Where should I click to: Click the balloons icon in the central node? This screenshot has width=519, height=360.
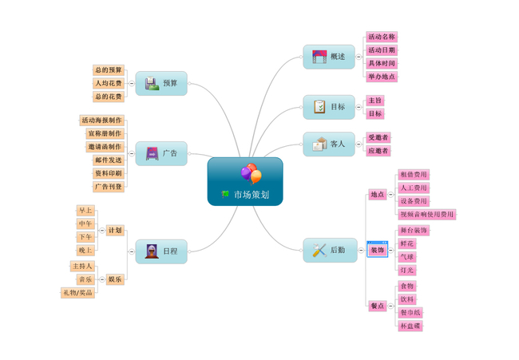[x=250, y=172]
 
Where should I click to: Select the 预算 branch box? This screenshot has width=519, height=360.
[x=161, y=83]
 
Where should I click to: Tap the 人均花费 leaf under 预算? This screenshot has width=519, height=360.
[x=109, y=83]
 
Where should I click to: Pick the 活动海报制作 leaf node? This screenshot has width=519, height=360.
[x=102, y=121]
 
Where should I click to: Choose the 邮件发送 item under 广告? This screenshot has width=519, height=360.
[x=109, y=160]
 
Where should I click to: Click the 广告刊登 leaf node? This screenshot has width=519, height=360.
[x=109, y=186]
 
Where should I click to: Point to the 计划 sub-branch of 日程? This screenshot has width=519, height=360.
[x=115, y=230]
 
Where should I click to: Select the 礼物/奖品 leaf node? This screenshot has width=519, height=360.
[x=78, y=292]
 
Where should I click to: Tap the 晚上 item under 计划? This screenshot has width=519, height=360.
[x=85, y=250]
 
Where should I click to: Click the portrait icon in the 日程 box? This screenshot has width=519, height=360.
[x=152, y=251]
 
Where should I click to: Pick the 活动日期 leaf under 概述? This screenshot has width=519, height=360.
[x=382, y=50]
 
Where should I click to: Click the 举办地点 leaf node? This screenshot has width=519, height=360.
[x=382, y=77]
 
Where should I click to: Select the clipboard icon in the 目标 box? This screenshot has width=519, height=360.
[x=319, y=106]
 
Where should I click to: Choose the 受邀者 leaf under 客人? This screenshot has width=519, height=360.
[x=378, y=137]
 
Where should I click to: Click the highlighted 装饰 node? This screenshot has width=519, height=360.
[x=377, y=250]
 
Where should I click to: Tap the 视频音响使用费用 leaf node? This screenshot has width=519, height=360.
[x=426, y=214]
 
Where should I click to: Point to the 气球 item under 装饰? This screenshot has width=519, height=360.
[x=407, y=257]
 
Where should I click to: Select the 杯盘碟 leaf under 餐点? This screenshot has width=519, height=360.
[x=410, y=326]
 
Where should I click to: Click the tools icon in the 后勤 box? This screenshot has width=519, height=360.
[x=319, y=251]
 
